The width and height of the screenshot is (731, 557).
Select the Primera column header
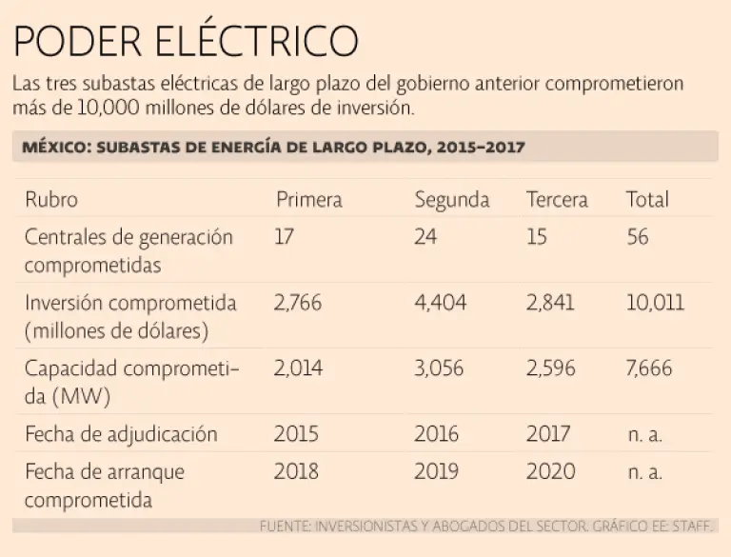tap(308, 200)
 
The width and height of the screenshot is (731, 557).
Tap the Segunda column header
tap(451, 200)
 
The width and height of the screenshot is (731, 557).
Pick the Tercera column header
tap(557, 200)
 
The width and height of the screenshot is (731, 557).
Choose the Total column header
tap(647, 200)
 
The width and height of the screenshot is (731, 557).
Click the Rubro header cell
tap(51, 200)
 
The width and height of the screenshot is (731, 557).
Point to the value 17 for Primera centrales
tap(284, 236)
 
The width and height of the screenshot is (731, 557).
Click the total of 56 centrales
tap(638, 236)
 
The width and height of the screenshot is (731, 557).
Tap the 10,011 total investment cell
tap(655, 303)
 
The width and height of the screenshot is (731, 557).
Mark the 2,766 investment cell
tap(297, 303)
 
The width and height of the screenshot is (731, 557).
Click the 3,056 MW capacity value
tap(438, 368)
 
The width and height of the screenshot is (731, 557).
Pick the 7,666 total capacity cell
tap(649, 368)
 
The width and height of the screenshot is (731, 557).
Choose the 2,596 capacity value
tap(550, 368)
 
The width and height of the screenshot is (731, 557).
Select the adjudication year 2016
tap(436, 434)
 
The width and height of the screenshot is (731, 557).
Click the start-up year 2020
tap(550, 471)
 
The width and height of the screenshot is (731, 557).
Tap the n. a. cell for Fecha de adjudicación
tap(644, 435)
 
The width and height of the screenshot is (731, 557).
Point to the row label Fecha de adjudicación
tap(121, 434)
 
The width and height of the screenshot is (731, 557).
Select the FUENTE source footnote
tap(486, 526)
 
